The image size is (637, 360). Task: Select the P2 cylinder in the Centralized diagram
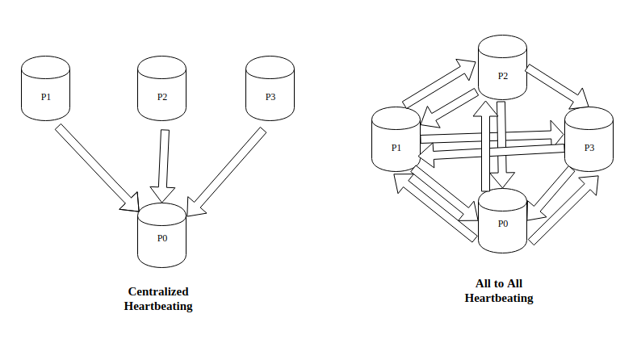tap(162, 91)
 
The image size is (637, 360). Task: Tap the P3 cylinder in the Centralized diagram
tap(270, 90)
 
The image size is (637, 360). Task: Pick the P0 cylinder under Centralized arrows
tap(162, 237)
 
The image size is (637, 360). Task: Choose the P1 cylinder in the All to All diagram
tap(396, 142)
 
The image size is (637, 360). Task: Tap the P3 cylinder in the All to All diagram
tap(588, 142)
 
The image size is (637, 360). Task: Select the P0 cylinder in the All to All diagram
tap(502, 220)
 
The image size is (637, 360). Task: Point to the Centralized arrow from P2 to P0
tap(164, 161)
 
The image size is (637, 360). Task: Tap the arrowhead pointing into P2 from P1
tap(467, 67)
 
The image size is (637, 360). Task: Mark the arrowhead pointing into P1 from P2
tap(429, 120)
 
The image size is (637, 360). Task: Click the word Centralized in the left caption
tap(158, 291)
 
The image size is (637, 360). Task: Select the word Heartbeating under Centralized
tap(158, 306)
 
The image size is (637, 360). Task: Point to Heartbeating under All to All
tap(499, 298)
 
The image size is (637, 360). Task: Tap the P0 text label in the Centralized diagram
tap(162, 238)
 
